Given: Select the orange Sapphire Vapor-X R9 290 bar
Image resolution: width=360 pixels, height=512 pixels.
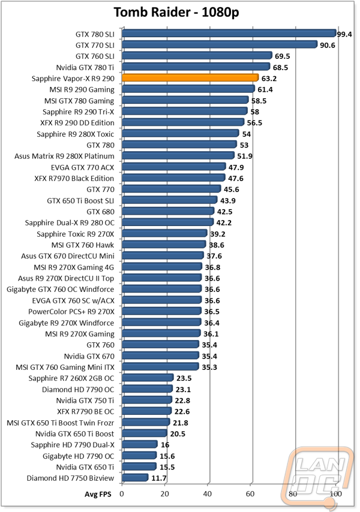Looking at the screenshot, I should (x=190, y=78).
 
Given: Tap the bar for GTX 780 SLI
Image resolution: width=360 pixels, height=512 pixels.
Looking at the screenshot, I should (x=229, y=34).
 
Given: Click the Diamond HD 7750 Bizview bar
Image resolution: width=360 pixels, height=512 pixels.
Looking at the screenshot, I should (x=134, y=478).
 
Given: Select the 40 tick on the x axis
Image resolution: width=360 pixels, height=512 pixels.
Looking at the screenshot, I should (x=208, y=495).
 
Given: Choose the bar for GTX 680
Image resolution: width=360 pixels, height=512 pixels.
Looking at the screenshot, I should (x=167, y=211).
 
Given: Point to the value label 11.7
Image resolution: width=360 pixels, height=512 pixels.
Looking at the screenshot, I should (x=158, y=478).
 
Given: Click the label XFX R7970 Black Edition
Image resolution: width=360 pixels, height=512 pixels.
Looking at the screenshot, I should (x=74, y=178).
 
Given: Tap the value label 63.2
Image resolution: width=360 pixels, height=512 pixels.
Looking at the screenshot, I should (x=270, y=79).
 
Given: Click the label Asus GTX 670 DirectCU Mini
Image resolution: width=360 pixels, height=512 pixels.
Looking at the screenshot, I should (x=68, y=256).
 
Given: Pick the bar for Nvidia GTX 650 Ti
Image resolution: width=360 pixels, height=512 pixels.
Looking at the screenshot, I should (x=139, y=466).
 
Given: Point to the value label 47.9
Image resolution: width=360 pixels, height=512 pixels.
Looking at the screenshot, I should (x=236, y=167).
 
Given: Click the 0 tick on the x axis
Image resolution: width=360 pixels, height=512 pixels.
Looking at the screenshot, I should (x=122, y=495).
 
